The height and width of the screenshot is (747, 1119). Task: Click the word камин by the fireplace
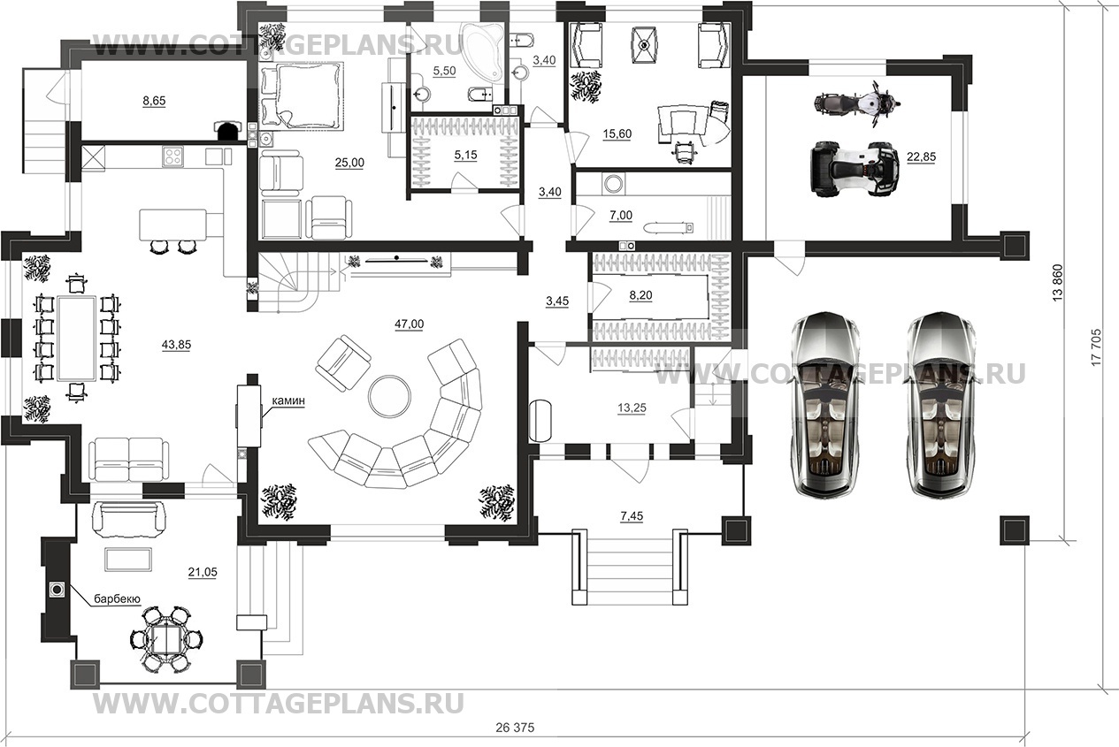click(x=288, y=400)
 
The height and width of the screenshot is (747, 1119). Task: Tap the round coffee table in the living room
click(x=389, y=394)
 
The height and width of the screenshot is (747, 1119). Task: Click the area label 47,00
click(x=409, y=324)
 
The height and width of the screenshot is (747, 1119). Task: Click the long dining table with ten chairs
click(x=76, y=336)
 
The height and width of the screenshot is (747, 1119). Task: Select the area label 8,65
click(x=154, y=102)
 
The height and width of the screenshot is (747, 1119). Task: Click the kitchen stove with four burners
click(x=172, y=156)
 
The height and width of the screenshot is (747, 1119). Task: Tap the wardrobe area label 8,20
click(x=640, y=296)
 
